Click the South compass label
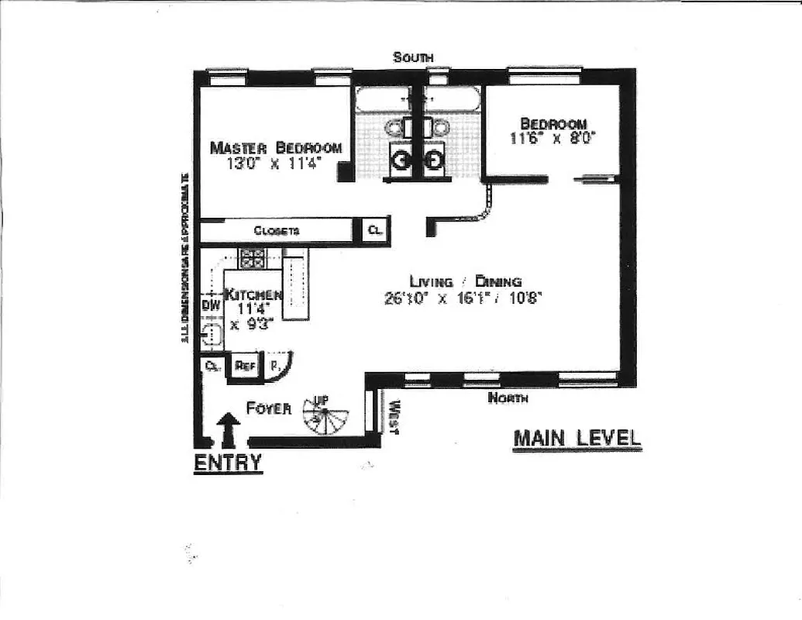click(412, 57)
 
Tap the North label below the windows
click(508, 398)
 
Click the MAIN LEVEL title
click(577, 438)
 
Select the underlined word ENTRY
click(227, 463)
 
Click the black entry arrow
click(228, 429)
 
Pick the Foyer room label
click(269, 408)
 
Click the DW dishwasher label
click(209, 305)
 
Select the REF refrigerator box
click(246, 365)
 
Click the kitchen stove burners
click(252, 257)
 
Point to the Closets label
click(276, 231)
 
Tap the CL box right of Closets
click(373, 230)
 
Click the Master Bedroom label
click(276, 147)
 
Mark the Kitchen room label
click(252, 295)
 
